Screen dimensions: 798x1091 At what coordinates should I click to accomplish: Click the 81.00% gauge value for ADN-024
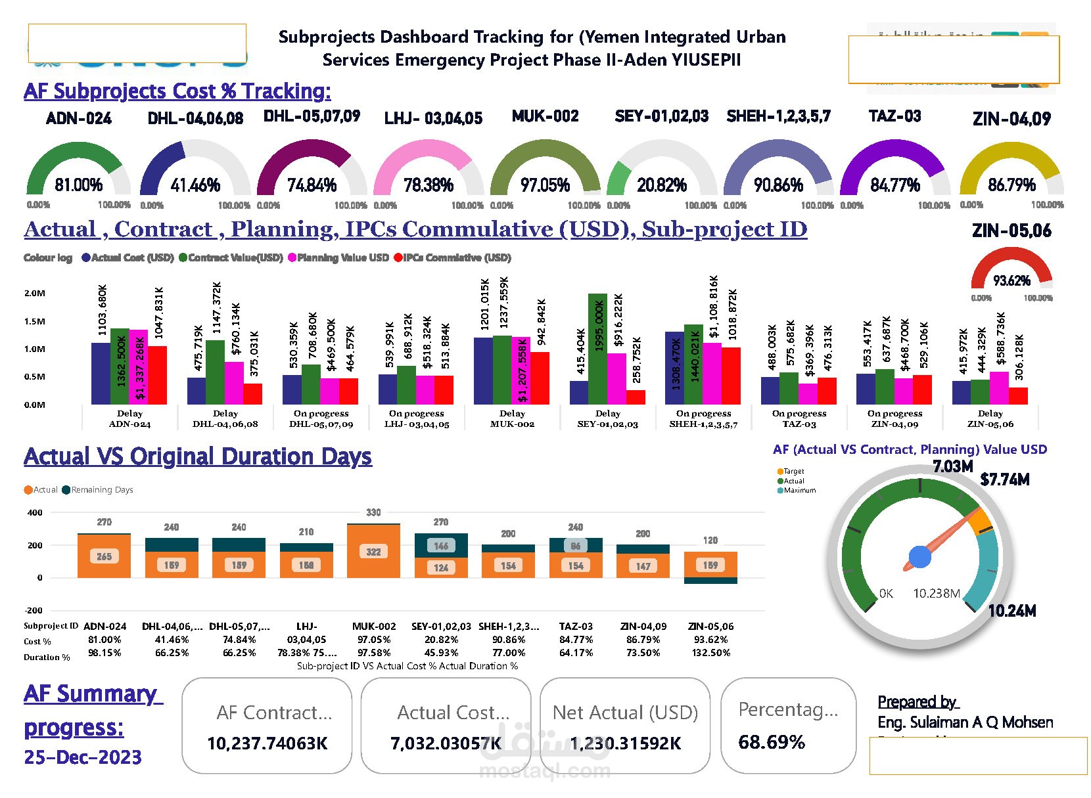coord(78,185)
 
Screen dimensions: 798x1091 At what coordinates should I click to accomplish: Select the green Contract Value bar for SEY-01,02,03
coord(597,349)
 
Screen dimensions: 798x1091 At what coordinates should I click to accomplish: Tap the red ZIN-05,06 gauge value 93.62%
coord(1011,281)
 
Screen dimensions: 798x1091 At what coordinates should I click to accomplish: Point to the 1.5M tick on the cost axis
coord(35,322)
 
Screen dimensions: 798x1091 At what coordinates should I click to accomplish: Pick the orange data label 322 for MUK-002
coord(373,552)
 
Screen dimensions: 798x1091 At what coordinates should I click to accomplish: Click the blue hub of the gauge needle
coord(919,557)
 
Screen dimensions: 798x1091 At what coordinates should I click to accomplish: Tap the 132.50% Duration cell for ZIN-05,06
coord(710,653)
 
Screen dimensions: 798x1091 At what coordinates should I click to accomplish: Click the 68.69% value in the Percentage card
coord(772,742)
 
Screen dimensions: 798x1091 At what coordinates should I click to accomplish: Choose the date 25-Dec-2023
coord(83,758)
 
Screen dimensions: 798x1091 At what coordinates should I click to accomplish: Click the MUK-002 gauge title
coord(545,117)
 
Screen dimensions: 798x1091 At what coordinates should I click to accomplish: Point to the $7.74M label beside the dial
coord(1004,480)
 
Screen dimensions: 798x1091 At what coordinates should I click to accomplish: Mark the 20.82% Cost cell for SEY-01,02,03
coord(441,640)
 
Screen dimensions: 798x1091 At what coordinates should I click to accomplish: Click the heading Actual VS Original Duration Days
coord(198,456)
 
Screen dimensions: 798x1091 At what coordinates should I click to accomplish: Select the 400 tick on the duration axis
coord(35,513)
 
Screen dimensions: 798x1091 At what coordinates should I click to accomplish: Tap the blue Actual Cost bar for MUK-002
coord(483,371)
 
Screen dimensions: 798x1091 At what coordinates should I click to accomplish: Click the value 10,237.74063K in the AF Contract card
coord(267,743)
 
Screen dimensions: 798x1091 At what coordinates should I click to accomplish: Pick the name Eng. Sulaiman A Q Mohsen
coord(965,722)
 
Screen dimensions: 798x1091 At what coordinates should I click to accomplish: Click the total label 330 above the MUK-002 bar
coord(373,512)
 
